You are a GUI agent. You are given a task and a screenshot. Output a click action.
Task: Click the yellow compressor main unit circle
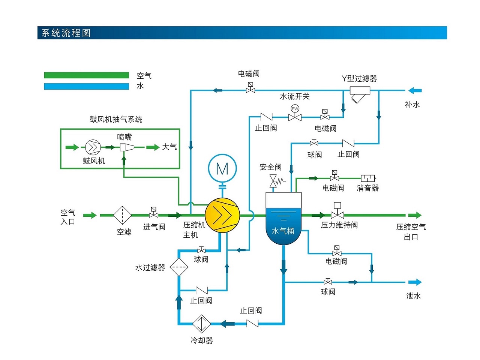coord(222,215)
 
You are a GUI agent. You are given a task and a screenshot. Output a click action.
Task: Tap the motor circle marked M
coord(222,169)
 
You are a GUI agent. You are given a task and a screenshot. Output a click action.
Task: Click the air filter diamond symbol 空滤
coord(122,215)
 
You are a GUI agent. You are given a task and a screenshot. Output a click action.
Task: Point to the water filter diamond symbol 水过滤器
coord(179,267)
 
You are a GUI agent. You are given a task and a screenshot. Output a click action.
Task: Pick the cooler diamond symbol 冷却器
coord(202,324)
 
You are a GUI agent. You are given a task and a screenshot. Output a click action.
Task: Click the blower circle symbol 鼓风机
coord(93,147)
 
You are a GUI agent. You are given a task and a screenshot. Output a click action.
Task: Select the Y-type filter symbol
coord(359,94)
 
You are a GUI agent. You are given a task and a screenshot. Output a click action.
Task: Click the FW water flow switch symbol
coord(295,113)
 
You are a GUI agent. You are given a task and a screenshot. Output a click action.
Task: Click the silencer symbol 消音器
coord(368,178)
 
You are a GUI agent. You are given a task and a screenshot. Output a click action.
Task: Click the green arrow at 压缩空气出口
coord(415,215)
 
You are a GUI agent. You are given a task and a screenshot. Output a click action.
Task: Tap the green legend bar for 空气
coord(86,75)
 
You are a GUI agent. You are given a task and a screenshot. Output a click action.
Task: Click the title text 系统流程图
coord(66,33)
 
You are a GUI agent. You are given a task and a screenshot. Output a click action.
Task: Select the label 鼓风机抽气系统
coord(116,119)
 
